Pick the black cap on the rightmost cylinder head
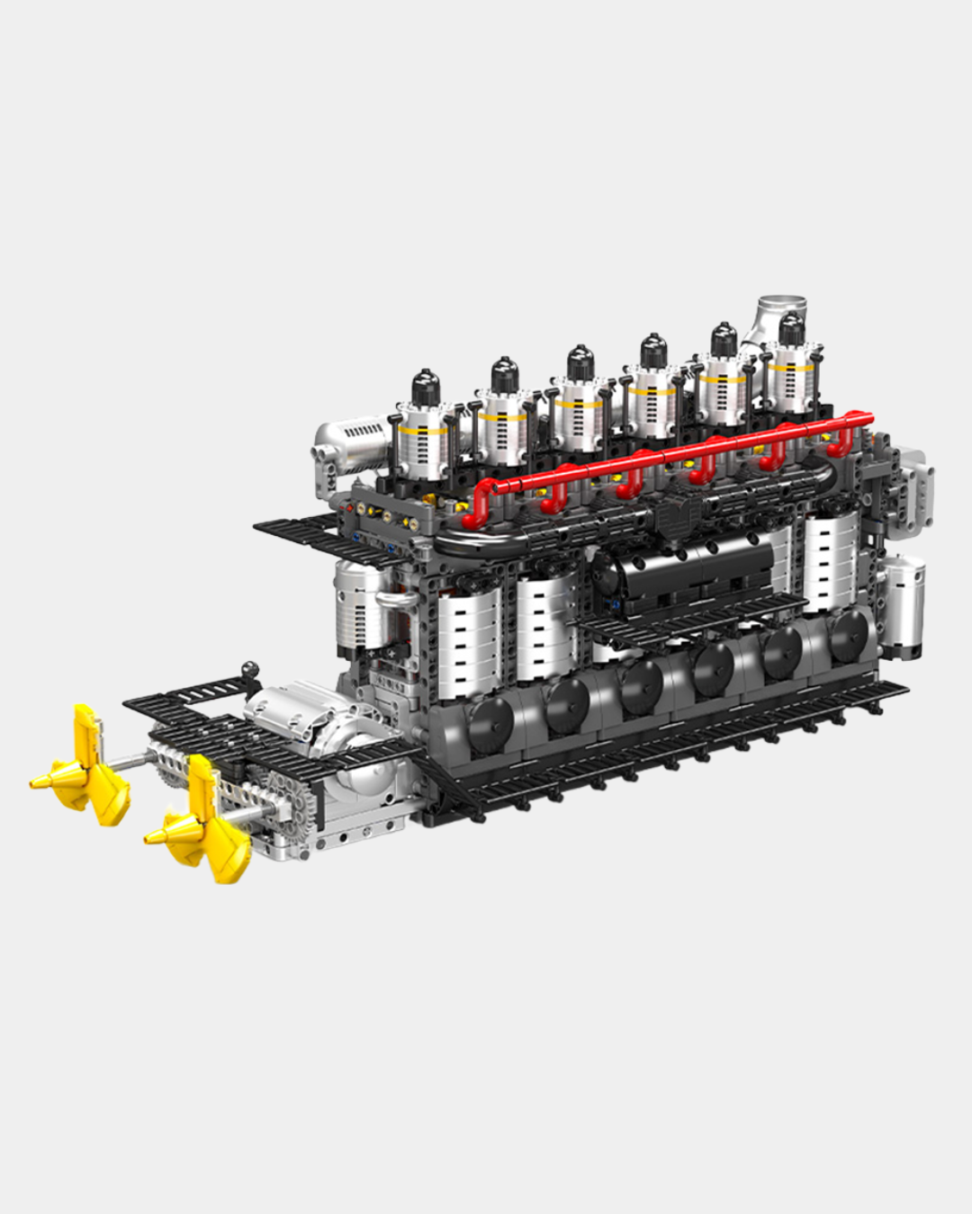pos(791,329)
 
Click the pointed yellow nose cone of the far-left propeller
pos(41,781)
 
